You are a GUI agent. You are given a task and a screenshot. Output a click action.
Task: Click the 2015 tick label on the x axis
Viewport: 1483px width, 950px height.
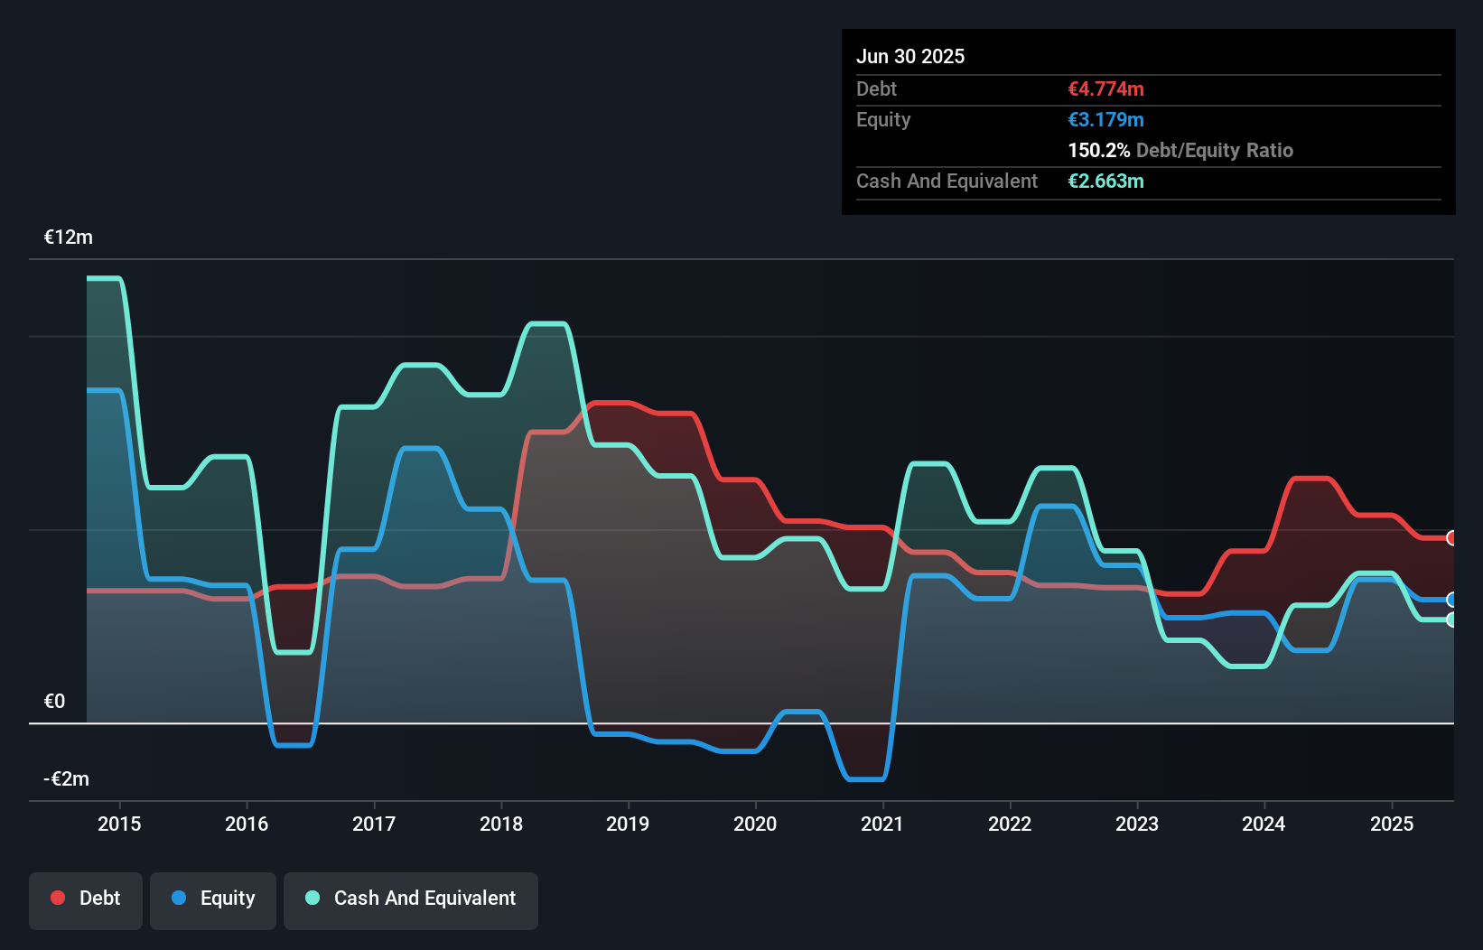[119, 824]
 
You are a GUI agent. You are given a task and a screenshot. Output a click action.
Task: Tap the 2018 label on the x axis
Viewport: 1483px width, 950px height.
[500, 824]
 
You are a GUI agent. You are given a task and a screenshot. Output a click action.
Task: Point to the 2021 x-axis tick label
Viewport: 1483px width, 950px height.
[881, 824]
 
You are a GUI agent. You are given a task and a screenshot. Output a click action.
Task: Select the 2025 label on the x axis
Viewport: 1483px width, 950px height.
[1391, 824]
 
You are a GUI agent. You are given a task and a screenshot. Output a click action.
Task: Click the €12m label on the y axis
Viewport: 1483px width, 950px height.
[69, 237]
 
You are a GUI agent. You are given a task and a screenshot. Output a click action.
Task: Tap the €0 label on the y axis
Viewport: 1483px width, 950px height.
[54, 702]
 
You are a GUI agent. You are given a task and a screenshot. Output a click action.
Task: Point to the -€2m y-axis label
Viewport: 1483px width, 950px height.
[67, 779]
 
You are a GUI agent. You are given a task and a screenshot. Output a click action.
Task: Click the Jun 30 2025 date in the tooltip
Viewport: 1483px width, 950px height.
[910, 57]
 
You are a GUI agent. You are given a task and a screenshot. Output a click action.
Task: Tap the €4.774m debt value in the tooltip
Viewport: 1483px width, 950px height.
[1105, 89]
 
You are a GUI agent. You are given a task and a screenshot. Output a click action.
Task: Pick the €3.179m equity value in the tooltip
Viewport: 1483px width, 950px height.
[1105, 120]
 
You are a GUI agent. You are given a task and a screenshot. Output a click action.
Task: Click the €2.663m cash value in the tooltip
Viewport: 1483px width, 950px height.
[1105, 182]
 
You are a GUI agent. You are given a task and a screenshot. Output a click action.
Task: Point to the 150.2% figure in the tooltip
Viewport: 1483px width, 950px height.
[1099, 151]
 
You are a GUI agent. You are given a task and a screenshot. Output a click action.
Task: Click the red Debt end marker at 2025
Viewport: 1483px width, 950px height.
[1451, 538]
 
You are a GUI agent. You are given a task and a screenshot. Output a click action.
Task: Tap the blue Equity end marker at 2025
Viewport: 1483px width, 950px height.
[1451, 600]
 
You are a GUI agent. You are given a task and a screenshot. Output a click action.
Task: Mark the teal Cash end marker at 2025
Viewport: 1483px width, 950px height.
[1451, 619]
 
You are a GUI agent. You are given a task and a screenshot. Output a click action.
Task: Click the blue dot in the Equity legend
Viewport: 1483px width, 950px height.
[179, 898]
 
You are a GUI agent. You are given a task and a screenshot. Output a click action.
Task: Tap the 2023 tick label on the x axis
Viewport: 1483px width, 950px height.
[1136, 824]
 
